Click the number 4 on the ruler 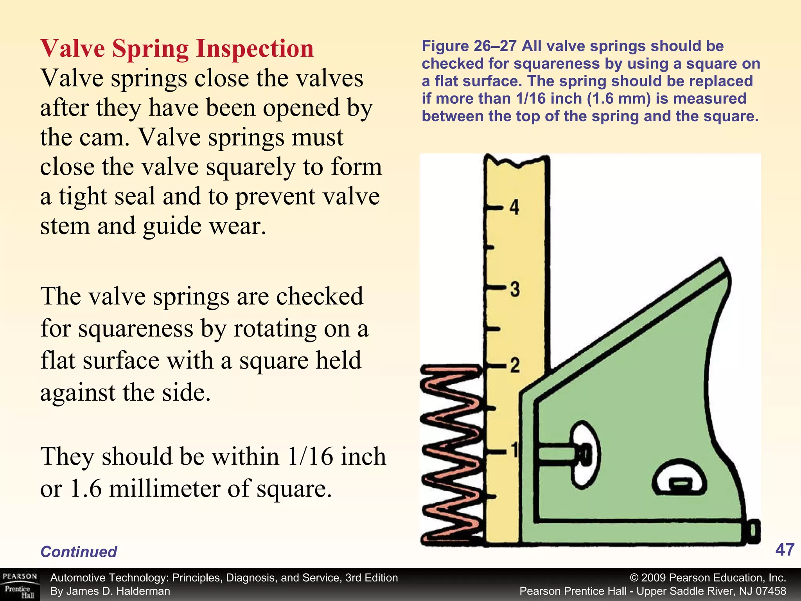pyautogui.click(x=514, y=207)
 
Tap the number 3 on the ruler pyautogui.click(x=515, y=289)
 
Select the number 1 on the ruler pyautogui.click(x=514, y=451)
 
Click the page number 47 pyautogui.click(x=785, y=550)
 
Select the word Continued pyautogui.click(x=79, y=552)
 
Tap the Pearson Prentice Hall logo pyautogui.click(x=20, y=585)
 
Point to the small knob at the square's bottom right pyautogui.click(x=754, y=531)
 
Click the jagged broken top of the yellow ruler pyautogui.click(x=516, y=161)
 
